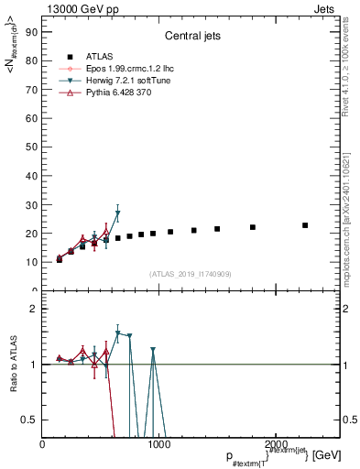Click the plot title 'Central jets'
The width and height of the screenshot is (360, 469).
point(191,38)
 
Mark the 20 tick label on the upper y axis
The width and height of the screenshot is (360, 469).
point(30,234)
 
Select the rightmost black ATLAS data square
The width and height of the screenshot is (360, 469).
point(305,225)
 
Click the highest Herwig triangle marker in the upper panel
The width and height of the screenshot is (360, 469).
point(117,213)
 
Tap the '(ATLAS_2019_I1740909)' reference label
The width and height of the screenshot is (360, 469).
point(191,274)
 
